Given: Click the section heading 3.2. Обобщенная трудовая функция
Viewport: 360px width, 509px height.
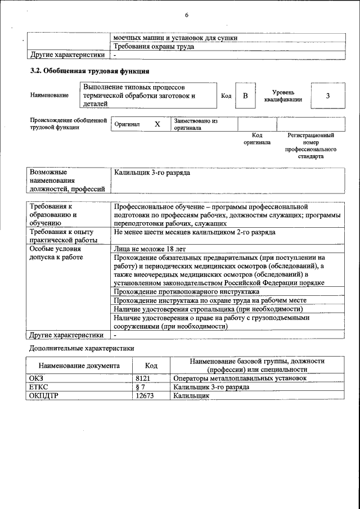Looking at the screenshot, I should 89,71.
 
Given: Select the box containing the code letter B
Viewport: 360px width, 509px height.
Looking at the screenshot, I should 245,96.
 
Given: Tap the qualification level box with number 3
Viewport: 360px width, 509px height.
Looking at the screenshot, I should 327,96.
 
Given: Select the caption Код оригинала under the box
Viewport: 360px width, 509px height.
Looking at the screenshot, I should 257,139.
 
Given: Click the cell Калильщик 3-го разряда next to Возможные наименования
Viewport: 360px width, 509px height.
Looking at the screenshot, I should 152,173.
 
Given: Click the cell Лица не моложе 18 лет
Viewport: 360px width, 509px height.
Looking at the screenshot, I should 150,249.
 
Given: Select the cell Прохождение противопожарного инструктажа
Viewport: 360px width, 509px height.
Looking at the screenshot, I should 186,292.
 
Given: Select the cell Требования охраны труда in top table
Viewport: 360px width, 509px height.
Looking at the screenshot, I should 154,47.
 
